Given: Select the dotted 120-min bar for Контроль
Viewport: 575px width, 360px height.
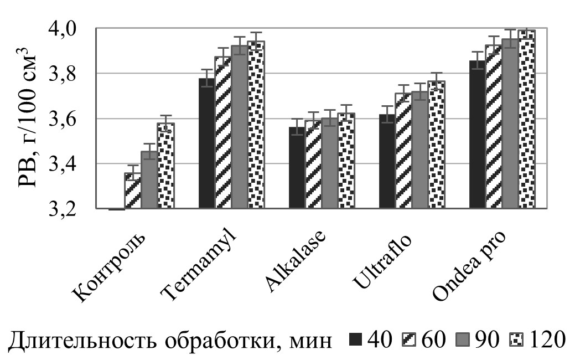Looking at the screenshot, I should pyautogui.click(x=165, y=166).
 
